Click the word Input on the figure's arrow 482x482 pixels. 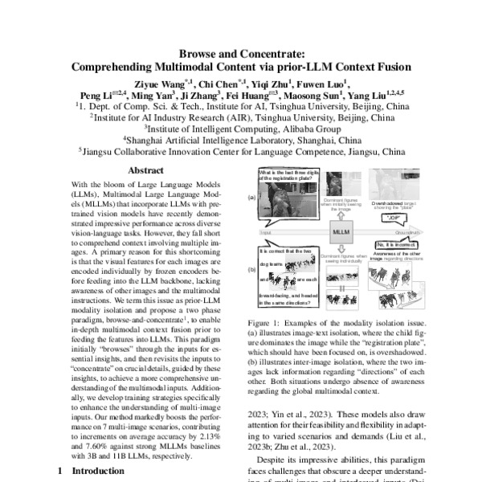(x=265, y=233)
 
